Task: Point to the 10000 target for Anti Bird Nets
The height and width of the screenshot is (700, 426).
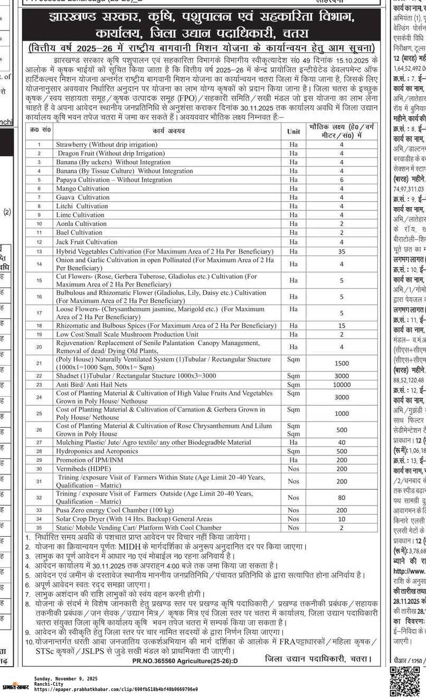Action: pyautogui.click(x=342, y=385)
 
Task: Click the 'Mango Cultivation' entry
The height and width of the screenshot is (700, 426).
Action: pyautogui.click(x=83, y=189)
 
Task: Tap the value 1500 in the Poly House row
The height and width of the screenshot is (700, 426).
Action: pyautogui.click(x=342, y=363)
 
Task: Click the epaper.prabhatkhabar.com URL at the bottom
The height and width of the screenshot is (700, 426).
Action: pyautogui.click(x=116, y=689)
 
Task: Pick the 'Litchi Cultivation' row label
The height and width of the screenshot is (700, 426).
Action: pyautogui.click(x=82, y=206)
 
